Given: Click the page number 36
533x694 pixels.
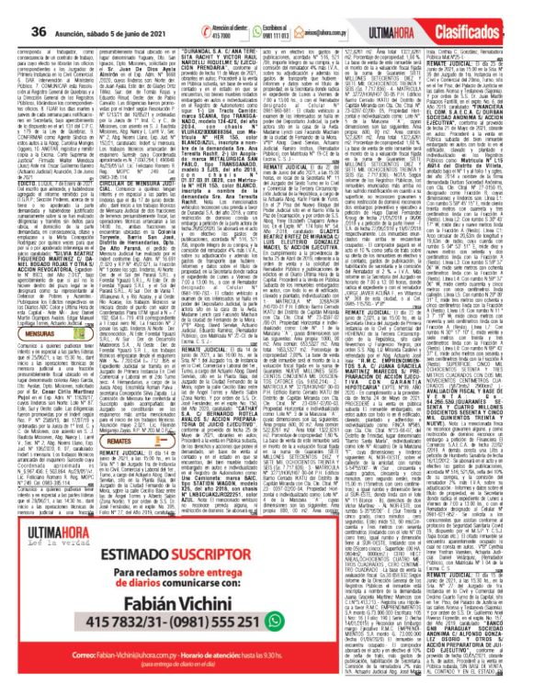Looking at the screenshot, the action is pyautogui.click(x=13, y=8).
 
